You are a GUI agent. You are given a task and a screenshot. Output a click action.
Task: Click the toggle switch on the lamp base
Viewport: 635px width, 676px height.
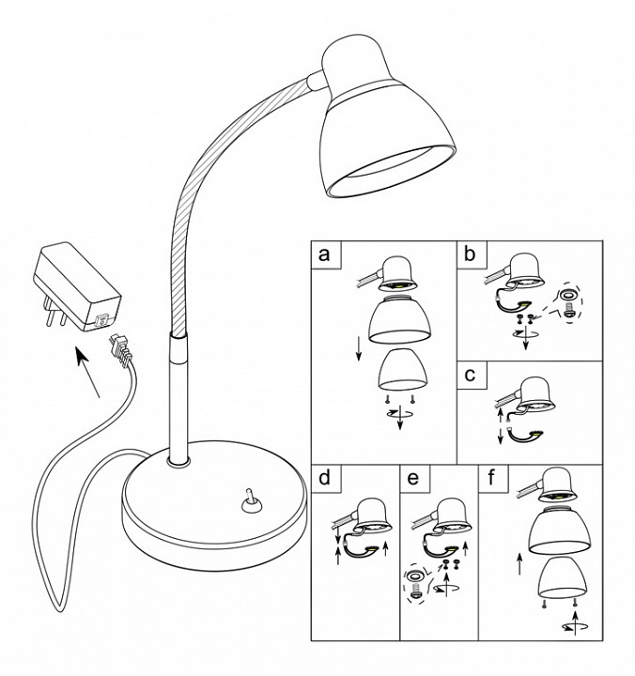tap(250, 501)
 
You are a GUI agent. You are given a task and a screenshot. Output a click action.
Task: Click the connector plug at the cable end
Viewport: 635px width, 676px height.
tap(119, 348)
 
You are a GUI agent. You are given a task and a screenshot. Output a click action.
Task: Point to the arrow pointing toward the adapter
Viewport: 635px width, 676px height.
tap(88, 372)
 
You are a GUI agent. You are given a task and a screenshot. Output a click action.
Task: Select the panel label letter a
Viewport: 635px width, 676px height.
tap(324, 254)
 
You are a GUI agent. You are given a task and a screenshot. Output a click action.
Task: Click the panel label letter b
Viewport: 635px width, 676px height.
tap(470, 254)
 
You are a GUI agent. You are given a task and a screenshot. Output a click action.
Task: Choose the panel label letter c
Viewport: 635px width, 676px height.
tap(470, 375)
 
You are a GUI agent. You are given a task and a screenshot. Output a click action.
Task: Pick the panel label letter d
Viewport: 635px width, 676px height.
tap(324, 478)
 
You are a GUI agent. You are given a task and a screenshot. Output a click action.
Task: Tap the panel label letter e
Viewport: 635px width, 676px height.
tap(412, 478)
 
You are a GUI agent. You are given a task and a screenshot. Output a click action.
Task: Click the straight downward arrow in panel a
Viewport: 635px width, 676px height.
tap(359, 349)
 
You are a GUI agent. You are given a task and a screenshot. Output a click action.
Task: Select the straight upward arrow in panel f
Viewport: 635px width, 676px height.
tap(519, 564)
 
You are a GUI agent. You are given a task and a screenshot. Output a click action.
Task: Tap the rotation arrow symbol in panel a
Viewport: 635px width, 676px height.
tap(400, 416)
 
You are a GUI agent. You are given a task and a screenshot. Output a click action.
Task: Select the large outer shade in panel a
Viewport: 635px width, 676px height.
tap(400, 318)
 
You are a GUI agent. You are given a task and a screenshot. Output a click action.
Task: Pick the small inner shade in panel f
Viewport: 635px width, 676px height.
tap(563, 577)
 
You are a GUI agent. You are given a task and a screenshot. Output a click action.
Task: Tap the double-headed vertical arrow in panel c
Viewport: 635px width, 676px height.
tap(501, 427)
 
